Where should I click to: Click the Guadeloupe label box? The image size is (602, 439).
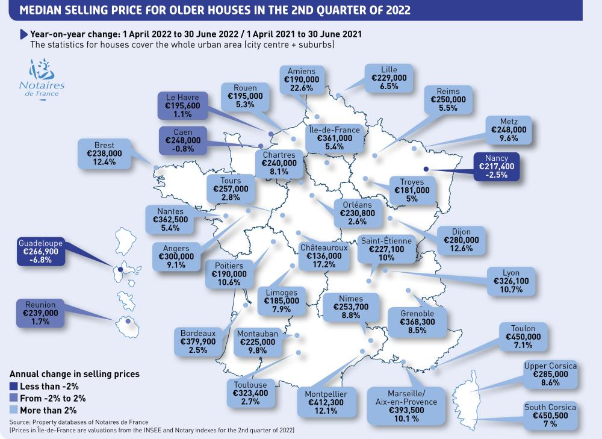[x=40, y=252]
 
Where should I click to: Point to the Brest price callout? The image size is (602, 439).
[x=108, y=154]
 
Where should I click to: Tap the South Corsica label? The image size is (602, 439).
[x=550, y=416]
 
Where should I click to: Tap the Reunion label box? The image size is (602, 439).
[x=41, y=313]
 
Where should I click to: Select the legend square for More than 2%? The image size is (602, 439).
[x=14, y=409]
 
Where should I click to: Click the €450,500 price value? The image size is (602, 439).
[x=550, y=416]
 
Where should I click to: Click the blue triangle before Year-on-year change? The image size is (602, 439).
[x=24, y=34]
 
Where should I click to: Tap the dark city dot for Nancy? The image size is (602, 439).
[x=426, y=170]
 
